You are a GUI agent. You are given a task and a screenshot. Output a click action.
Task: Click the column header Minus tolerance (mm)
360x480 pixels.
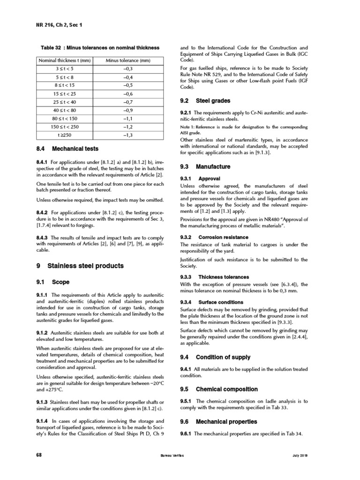click(x=128, y=60)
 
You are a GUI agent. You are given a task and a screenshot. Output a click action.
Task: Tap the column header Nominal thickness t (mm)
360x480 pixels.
click(x=65, y=60)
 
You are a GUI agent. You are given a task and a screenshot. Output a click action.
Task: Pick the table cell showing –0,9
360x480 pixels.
click(x=128, y=110)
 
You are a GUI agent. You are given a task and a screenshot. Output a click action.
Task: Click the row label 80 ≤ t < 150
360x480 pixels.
click(x=65, y=119)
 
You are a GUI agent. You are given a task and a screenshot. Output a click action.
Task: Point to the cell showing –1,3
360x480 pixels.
click(x=128, y=135)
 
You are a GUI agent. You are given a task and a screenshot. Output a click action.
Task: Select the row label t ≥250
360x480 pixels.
click(x=65, y=135)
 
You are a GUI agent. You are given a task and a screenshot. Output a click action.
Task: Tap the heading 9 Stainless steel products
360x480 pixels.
click(x=80, y=266)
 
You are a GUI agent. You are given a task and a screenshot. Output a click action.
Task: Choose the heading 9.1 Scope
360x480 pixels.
click(x=53, y=282)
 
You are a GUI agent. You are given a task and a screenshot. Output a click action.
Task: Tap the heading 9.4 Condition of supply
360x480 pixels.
click(x=216, y=357)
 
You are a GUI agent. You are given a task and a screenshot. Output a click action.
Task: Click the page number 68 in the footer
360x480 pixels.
click(x=39, y=456)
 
